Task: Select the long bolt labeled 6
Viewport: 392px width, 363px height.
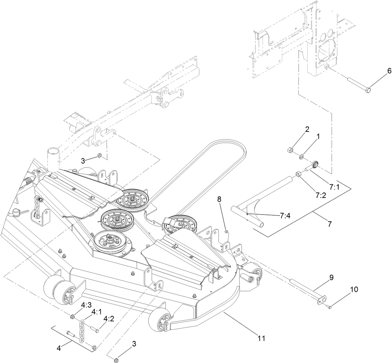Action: pyautogui.click(x=358, y=84)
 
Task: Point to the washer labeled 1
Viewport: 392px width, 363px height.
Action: pyautogui.click(x=301, y=157)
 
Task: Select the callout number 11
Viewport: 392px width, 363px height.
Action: pyautogui.click(x=261, y=338)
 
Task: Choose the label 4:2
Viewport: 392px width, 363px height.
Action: pyautogui.click(x=109, y=319)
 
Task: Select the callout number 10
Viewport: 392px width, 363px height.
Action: pyautogui.click(x=354, y=289)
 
